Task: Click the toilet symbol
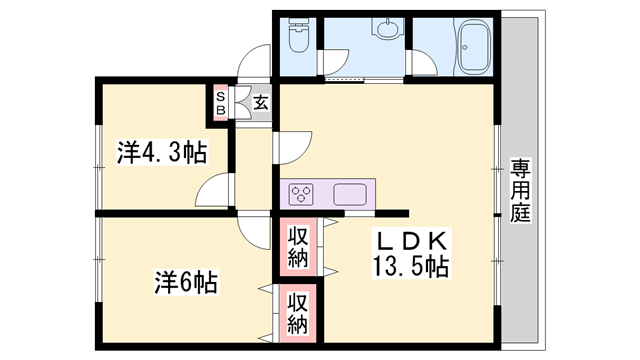point(298,35)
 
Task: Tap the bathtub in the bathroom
point(475,46)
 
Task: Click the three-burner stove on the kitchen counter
point(301,194)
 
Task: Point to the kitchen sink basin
point(350,194)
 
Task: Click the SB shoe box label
point(220,103)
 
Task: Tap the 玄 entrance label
point(261,102)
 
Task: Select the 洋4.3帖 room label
point(162,152)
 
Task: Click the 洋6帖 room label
point(186,282)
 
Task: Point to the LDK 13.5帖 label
point(411,253)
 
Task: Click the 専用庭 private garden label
point(520,190)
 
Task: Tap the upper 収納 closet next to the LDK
point(298,247)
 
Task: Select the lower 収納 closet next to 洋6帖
point(298,313)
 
